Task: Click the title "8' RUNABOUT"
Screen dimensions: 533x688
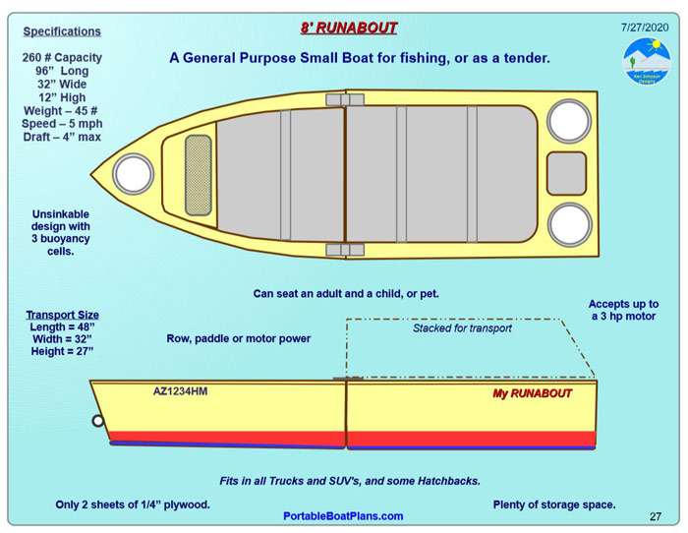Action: [x=349, y=28]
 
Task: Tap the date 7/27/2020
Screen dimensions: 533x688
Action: [x=644, y=27]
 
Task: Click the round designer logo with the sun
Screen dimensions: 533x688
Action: [x=647, y=61]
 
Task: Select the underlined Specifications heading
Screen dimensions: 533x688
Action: [x=62, y=31]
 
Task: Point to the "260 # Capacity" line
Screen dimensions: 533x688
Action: [x=62, y=57]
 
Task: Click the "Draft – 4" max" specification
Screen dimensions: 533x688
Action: [x=62, y=137]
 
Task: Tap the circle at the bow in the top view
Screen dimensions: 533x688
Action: [x=133, y=174]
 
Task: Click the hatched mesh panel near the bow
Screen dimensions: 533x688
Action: [x=199, y=175]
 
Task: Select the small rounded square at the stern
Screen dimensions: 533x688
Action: [x=566, y=173]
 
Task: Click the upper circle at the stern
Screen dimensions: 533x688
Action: [x=569, y=121]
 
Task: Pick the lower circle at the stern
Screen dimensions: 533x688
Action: [x=569, y=224]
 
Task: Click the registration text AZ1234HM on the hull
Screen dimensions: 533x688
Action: [x=180, y=391]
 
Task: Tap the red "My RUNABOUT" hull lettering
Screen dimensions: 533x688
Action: [x=532, y=393]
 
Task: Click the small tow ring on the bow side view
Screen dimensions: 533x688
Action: [x=98, y=421]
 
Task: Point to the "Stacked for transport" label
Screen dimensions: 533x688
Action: [x=462, y=328]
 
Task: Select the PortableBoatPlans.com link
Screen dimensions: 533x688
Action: [x=343, y=516]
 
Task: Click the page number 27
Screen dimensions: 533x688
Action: [x=656, y=516]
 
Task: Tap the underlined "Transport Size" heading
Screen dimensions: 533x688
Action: [x=62, y=316]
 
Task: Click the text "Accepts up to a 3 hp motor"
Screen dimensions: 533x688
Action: [x=624, y=311]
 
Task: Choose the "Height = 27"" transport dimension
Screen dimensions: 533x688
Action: [x=62, y=351]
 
